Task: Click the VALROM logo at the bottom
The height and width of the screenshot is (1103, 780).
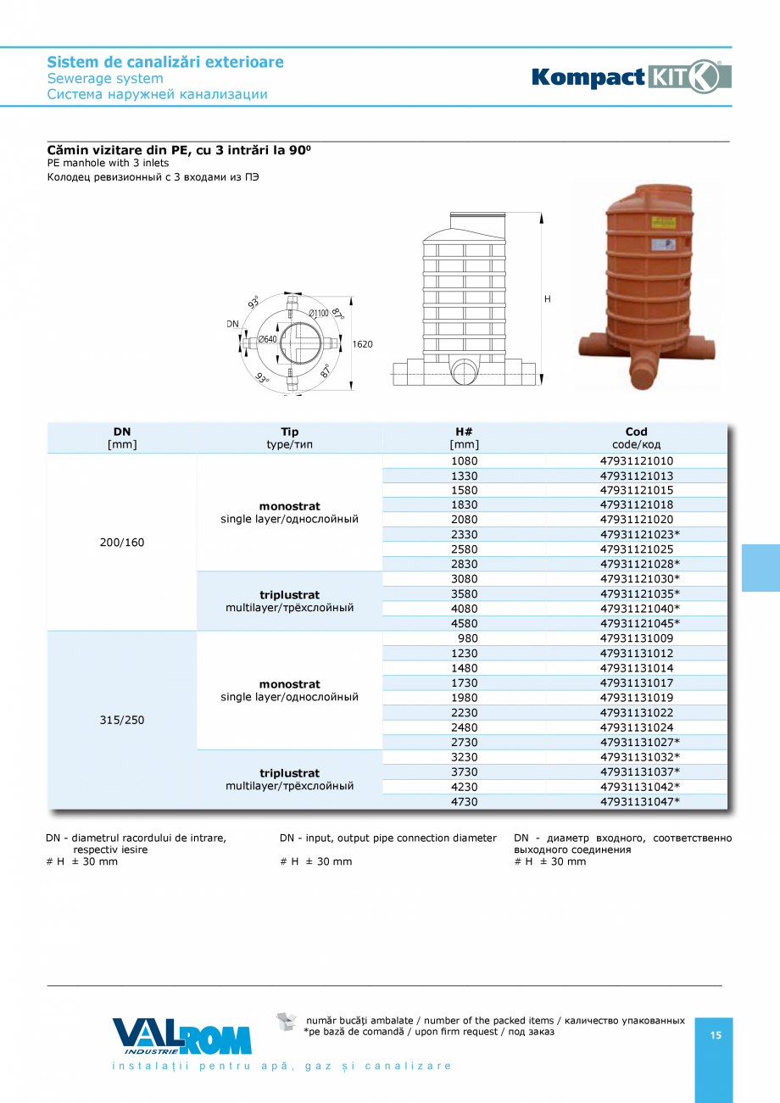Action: coord(181,1036)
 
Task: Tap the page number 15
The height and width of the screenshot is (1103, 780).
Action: coord(716,1035)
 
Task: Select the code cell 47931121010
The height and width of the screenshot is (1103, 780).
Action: coord(636,461)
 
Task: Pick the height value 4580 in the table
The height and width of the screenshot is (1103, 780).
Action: coord(465,623)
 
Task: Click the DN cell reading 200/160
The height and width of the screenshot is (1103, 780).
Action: coord(122,543)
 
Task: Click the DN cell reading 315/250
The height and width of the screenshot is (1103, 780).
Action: coord(122,720)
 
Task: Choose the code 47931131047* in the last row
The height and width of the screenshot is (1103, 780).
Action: coord(640,801)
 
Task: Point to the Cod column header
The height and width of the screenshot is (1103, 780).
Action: coord(636,432)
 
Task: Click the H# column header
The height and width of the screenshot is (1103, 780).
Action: coord(464,432)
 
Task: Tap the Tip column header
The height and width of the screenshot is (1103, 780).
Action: coord(289,432)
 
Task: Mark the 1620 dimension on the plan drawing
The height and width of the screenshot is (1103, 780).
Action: coord(363,344)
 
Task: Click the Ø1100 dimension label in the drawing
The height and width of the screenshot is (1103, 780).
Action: coord(319,314)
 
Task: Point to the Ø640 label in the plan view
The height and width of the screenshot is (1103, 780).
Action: coord(267,340)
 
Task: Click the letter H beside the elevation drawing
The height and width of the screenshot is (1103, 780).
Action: coord(548,299)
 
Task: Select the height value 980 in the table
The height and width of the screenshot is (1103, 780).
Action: coord(467,638)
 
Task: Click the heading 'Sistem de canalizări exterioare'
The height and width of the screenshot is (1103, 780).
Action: coord(165,62)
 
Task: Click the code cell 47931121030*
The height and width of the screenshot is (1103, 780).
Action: coord(640,579)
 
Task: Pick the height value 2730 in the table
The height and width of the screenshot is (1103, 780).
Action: coord(465,742)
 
